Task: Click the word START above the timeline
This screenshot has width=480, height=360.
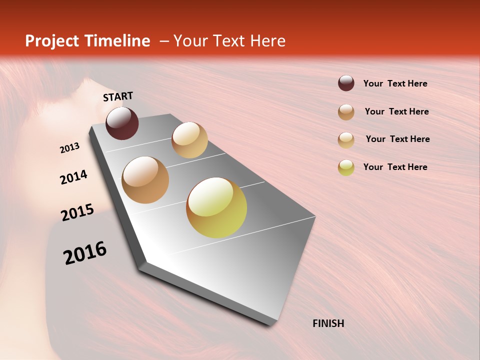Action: pos(118,96)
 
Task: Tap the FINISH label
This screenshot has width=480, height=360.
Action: pos(328,323)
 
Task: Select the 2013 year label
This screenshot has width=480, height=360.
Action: pos(70,148)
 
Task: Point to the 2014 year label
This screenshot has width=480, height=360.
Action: pos(74,177)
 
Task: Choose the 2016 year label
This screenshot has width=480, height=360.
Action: pos(85,253)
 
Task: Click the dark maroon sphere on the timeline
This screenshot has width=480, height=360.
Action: pos(122,123)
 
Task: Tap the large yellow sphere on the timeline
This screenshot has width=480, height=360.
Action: pos(216,207)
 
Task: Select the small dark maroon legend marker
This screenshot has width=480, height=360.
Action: pos(346,83)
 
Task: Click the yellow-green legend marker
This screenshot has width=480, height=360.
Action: pos(346,167)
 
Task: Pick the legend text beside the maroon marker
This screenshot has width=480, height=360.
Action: pos(395,83)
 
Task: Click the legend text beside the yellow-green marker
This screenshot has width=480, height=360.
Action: pos(395,167)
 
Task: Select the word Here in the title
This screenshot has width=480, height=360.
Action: pos(267,41)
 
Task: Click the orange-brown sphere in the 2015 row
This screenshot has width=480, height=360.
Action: pos(145,180)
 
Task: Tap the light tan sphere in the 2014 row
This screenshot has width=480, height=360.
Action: pos(189,140)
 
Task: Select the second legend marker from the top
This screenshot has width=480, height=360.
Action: pos(346,112)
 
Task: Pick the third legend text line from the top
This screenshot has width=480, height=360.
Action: pos(397,139)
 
